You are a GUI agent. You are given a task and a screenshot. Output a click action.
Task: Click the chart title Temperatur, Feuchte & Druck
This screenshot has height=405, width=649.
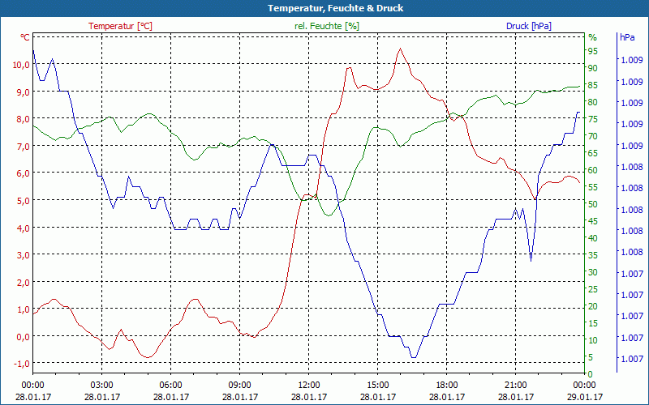[324, 8]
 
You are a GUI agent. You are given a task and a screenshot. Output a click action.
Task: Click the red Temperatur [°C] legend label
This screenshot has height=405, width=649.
[120, 26]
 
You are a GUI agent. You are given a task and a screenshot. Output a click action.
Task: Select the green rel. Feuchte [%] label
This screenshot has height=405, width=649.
[327, 26]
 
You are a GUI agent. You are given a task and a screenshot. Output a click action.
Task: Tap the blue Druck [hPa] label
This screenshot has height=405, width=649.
[528, 26]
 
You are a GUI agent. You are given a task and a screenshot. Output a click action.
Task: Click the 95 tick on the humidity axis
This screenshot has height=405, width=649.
[593, 50]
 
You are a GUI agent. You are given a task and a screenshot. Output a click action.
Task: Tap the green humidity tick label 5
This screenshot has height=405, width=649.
[591, 357]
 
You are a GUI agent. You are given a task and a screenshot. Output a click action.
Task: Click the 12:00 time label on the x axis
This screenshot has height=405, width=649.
[309, 386]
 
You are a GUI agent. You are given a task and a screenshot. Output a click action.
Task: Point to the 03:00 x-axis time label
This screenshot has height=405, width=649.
[101, 386]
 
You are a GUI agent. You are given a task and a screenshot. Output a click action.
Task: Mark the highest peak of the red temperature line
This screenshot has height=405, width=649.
[400, 49]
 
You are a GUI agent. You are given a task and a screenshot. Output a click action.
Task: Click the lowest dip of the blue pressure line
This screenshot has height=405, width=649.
[414, 357]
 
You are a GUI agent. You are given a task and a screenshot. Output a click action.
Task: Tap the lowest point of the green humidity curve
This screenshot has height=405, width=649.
[329, 215]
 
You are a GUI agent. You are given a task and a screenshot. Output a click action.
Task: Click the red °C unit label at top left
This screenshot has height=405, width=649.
[25, 37]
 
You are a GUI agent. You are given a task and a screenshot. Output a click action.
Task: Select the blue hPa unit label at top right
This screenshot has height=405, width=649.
[627, 37]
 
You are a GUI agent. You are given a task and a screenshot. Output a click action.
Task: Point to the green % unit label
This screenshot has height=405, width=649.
[592, 37]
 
